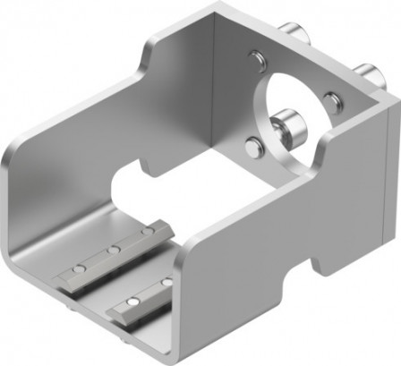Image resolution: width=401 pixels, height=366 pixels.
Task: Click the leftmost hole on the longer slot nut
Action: pos(80,268)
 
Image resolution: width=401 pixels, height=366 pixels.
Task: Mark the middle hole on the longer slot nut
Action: pos(115,250)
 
